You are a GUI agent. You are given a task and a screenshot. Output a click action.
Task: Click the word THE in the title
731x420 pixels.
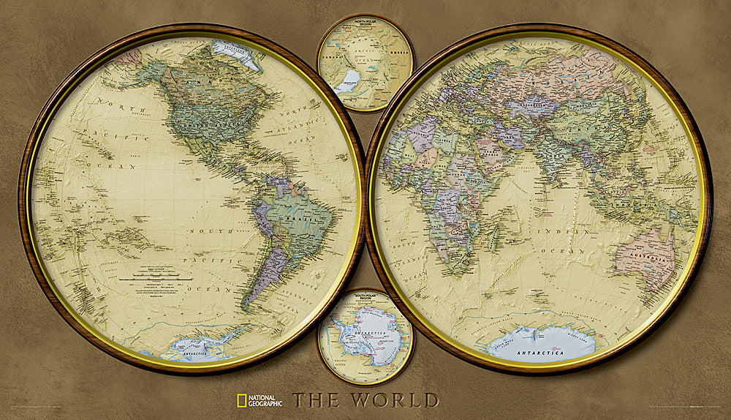tap(317, 400)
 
